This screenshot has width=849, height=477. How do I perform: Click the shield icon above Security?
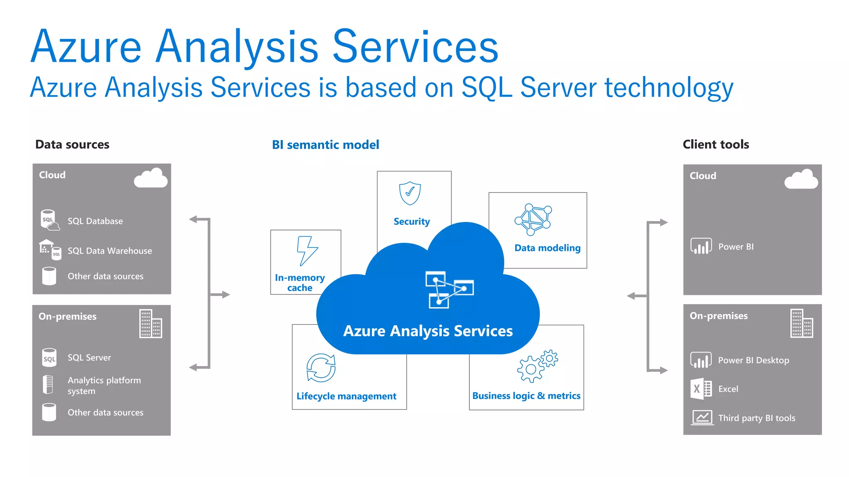tap(410, 193)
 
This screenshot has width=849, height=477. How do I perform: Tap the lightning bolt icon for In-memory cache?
tap(307, 251)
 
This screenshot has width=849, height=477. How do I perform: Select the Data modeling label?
tap(547, 248)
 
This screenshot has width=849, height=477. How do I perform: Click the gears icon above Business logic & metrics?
tap(537, 366)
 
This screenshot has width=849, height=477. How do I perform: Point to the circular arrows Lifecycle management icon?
tap(321, 368)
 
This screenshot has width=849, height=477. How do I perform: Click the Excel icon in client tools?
tap(701, 389)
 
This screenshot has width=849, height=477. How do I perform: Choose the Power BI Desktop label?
tap(753, 360)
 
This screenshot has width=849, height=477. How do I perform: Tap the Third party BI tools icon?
tap(702, 417)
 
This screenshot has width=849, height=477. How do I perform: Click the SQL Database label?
tap(95, 221)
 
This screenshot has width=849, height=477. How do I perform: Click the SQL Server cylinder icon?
tap(49, 358)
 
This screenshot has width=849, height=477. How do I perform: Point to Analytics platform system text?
tap(104, 385)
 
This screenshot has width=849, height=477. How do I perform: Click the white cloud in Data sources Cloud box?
tap(151, 179)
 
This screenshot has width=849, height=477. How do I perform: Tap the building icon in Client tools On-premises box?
tap(801, 323)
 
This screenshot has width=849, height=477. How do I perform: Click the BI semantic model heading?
tap(325, 145)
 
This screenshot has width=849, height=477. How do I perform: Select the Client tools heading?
tap(716, 145)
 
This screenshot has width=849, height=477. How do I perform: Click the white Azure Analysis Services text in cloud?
tap(428, 331)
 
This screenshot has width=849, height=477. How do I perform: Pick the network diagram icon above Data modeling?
tap(533, 218)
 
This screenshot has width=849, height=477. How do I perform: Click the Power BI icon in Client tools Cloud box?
tap(701, 246)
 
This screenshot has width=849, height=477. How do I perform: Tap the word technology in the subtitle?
tap(669, 88)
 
